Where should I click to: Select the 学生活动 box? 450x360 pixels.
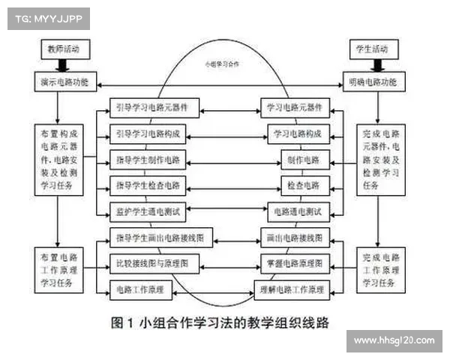tap(371, 49)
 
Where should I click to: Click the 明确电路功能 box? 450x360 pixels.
tap(373, 81)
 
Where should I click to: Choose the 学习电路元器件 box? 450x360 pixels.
tap(295, 107)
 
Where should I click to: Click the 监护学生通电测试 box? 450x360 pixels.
tap(150, 211)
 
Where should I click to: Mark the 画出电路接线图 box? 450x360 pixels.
tap(295, 238)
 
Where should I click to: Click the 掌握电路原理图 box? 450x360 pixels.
tap(295, 264)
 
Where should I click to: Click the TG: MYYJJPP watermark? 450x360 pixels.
tap(44, 19)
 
